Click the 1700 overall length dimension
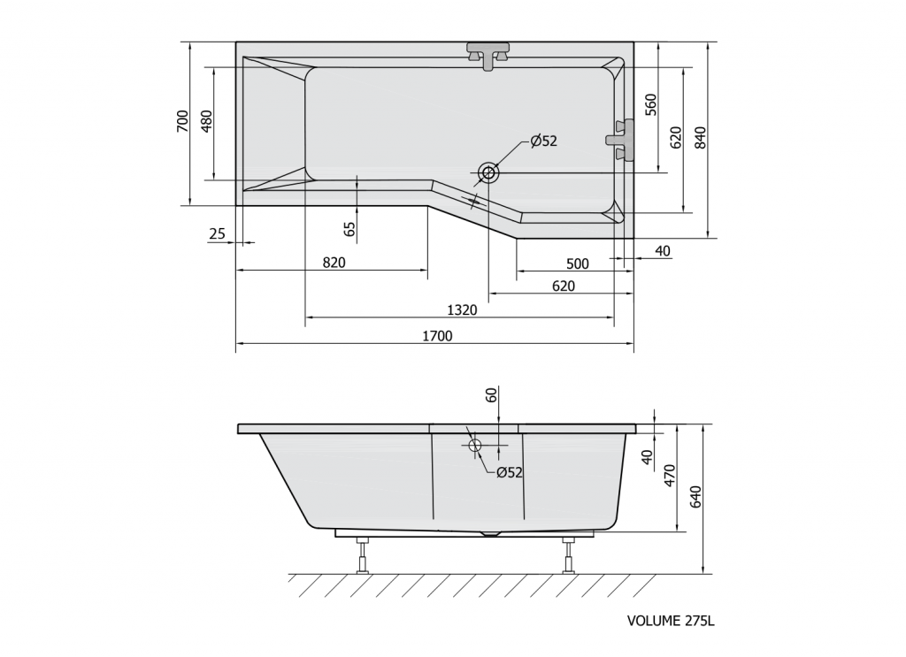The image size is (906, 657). (x=437, y=336)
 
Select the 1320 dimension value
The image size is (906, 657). (x=462, y=309)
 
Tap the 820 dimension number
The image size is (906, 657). (x=334, y=262)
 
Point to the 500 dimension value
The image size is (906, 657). (x=577, y=263)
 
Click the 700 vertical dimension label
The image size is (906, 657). (x=182, y=121)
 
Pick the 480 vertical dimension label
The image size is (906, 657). (x=207, y=121)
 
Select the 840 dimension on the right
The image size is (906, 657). (x=700, y=138)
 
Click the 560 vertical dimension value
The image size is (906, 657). (x=650, y=104)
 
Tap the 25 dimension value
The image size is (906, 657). (x=218, y=234)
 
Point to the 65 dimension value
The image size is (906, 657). (x=349, y=229)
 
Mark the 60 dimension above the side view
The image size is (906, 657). (x=492, y=395)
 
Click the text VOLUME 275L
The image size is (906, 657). (x=670, y=621)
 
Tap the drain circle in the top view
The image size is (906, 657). (x=488, y=172)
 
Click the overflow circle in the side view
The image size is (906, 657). (x=475, y=445)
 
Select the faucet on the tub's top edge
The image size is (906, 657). (x=488, y=54)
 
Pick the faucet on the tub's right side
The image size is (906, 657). (x=621, y=140)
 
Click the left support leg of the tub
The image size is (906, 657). (x=362, y=554)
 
